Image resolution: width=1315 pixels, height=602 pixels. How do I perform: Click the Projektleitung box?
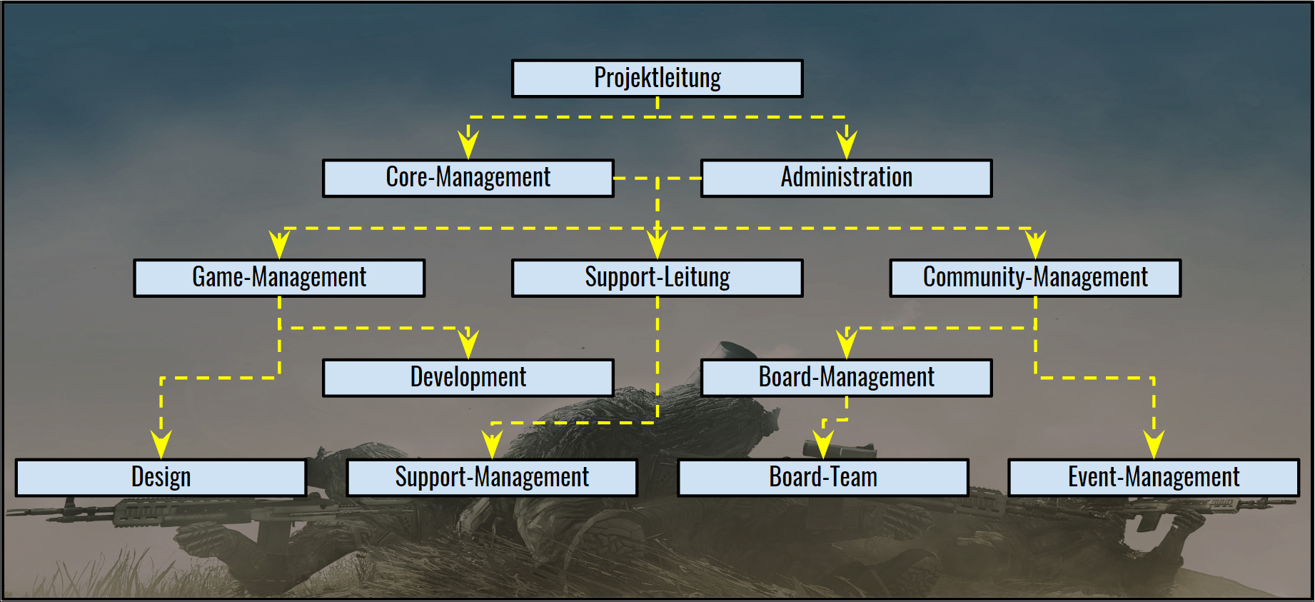(657, 78)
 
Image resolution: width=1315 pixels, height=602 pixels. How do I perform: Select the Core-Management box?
(468, 178)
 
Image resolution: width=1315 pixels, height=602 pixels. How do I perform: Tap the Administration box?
(847, 178)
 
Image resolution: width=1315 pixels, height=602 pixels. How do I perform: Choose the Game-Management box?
(279, 278)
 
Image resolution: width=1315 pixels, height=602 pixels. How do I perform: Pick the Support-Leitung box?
(657, 278)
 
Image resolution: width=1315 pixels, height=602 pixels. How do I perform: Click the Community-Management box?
(1035, 278)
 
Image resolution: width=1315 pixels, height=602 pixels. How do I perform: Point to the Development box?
(468, 378)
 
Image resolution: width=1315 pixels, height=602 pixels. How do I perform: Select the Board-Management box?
(847, 378)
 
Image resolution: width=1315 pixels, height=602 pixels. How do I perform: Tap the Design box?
(161, 478)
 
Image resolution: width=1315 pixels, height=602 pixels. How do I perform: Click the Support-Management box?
(492, 478)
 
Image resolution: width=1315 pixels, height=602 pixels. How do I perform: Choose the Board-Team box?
(823, 478)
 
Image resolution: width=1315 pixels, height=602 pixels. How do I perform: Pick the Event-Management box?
(1154, 478)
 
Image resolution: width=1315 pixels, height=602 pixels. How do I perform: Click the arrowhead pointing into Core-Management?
(468, 145)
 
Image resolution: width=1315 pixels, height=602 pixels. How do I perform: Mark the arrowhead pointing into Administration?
(847, 145)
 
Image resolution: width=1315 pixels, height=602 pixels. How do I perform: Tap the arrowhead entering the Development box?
(468, 345)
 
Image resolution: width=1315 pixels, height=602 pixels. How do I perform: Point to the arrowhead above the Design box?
(161, 445)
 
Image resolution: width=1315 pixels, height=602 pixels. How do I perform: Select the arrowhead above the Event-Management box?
(1154, 445)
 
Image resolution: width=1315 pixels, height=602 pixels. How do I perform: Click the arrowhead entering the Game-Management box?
(279, 245)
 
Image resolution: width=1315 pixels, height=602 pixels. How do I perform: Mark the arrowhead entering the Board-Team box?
(823, 445)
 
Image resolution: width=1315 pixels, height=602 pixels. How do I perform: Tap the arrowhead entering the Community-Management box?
(1035, 245)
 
